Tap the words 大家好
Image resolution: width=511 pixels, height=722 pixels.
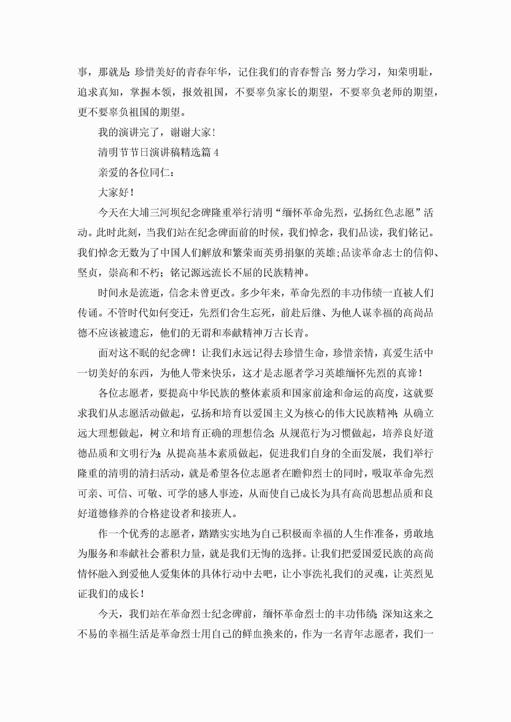pyautogui.click(x=113, y=192)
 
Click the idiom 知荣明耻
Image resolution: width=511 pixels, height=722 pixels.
pyautogui.click(x=408, y=72)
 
